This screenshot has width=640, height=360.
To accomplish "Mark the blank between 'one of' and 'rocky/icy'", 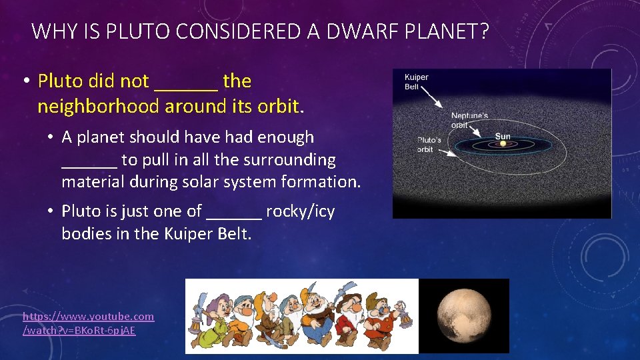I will coord(234,213).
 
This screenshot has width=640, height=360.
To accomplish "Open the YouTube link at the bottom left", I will coord(88,323).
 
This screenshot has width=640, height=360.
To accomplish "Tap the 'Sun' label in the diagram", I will coord(503,136).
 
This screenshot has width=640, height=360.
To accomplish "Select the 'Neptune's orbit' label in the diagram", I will coord(469,120).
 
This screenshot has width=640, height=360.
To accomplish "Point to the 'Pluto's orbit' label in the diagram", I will coord(425,145).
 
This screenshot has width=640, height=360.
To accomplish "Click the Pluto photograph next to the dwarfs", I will coord(464,316).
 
